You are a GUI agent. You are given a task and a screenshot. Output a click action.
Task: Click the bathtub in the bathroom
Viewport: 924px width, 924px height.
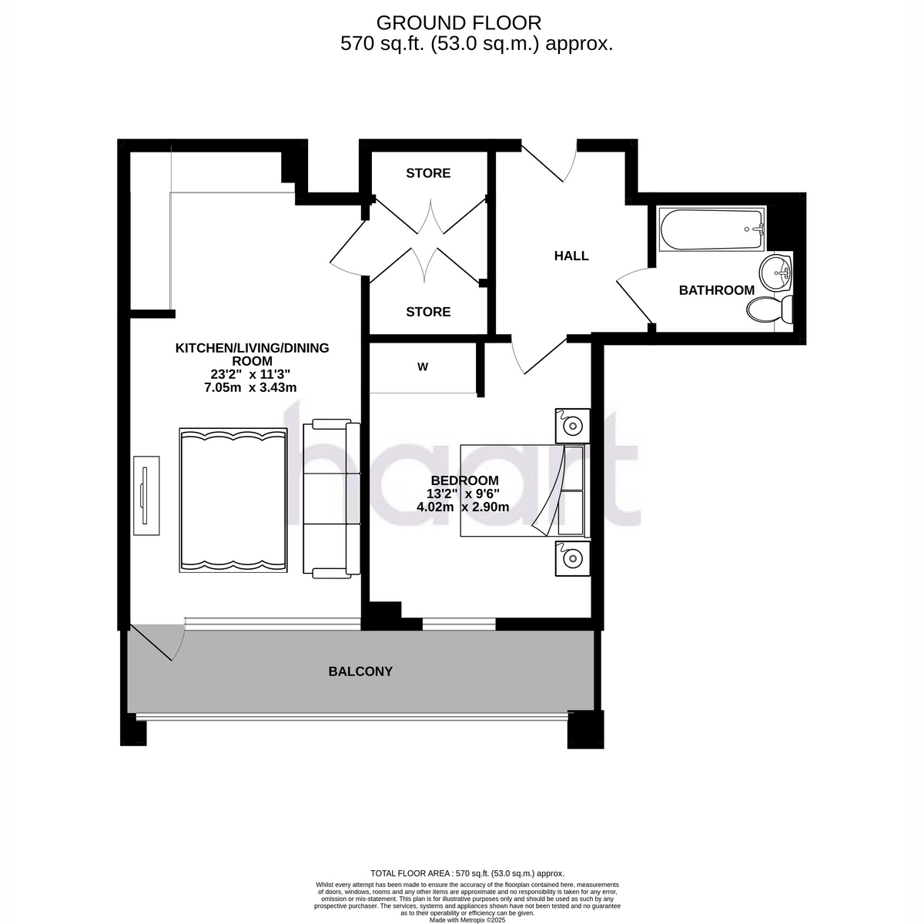point(711,229)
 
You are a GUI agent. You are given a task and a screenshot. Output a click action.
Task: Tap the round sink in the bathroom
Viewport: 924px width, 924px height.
point(775,273)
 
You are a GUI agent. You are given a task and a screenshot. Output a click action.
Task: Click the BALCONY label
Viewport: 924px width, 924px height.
point(360,671)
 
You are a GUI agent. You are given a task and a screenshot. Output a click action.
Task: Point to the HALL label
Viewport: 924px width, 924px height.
point(571,256)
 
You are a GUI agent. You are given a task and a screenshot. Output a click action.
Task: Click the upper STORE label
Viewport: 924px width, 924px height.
point(428,173)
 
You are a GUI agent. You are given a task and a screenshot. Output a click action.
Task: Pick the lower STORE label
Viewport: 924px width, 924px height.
point(428,312)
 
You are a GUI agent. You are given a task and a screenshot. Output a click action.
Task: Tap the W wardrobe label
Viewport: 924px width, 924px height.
point(423,367)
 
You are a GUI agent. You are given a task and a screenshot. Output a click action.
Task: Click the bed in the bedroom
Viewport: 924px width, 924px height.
point(525,490)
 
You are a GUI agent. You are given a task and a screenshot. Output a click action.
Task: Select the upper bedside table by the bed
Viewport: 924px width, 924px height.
point(573,426)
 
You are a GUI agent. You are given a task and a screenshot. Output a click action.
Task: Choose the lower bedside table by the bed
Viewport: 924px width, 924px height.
point(573,558)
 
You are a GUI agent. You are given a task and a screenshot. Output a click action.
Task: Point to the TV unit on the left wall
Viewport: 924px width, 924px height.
point(146,496)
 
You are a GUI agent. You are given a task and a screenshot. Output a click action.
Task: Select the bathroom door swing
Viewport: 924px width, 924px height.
point(634,294)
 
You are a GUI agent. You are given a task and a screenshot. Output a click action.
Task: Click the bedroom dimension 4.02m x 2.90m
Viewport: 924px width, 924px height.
point(463,507)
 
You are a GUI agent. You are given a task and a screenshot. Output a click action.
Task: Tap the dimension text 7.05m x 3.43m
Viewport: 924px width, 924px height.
point(250,387)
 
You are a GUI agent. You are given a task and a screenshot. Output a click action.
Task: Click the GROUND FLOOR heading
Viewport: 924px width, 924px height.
point(459,23)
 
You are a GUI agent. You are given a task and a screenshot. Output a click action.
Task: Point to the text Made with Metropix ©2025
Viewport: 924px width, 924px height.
point(467,920)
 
